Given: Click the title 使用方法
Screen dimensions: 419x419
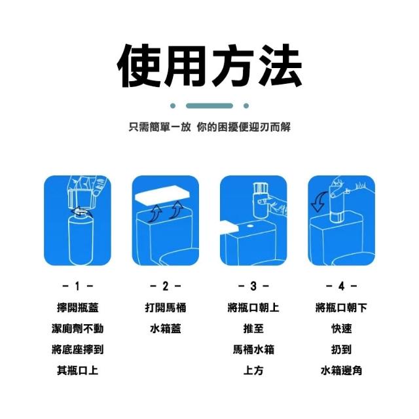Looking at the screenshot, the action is [209, 65].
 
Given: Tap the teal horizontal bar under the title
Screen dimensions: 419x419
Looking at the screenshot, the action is [209, 106].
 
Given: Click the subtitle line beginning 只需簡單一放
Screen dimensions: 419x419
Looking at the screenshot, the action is [209, 127].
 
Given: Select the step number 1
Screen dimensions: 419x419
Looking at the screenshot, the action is [77, 286].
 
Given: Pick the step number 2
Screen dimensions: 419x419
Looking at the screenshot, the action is [166, 286].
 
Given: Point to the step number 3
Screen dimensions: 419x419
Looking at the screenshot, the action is [253, 286].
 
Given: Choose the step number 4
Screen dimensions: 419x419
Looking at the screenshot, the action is [341, 286].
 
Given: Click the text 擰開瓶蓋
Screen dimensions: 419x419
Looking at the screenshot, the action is [77, 307].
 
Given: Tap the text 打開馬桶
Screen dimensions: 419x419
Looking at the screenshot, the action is [166, 307].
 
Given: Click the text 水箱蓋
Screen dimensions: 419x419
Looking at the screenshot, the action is [166, 329].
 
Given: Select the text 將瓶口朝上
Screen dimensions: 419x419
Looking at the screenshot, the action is [253, 307].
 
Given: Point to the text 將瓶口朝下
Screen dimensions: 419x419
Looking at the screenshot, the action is [341, 307].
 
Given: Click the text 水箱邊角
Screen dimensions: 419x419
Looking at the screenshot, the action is [341, 371].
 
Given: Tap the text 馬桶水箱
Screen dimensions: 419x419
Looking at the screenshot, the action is [253, 350].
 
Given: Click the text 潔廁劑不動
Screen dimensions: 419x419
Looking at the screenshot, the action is [77, 329].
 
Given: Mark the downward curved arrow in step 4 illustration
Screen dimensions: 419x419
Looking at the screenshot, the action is [319, 202].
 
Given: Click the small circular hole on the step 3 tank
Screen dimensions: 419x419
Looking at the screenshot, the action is [250, 226].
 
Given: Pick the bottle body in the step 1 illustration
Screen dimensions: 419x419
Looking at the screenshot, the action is [81, 239].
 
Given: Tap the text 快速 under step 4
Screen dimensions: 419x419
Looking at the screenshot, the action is [341, 329].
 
